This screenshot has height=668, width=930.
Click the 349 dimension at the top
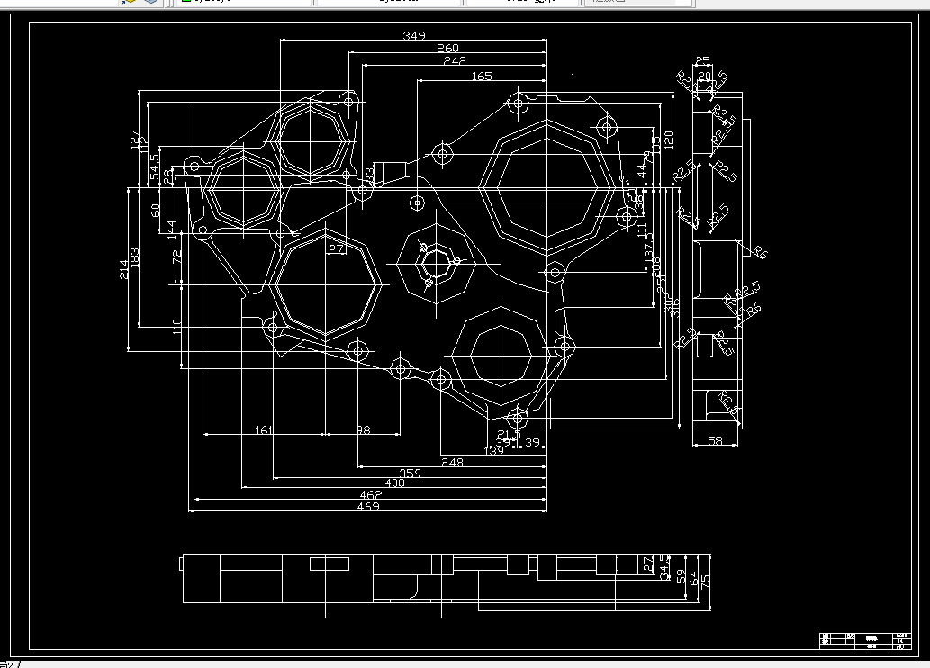coord(413,36)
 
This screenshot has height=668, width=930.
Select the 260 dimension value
coord(447,49)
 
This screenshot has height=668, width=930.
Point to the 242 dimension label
coord(455,61)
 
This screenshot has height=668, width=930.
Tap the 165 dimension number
coord(482,77)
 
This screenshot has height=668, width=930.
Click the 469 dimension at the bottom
coord(368,507)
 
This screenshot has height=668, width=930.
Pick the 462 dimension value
coord(370,495)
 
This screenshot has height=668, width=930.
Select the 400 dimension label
coord(394,483)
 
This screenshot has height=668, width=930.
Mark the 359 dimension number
coord(411,473)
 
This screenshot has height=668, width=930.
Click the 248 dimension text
coord(452,462)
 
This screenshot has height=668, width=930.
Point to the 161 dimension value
coord(263,430)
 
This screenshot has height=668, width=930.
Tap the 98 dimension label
coord(363,430)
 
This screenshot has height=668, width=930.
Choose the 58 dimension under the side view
coord(716,440)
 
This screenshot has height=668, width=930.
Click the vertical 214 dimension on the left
coord(123,268)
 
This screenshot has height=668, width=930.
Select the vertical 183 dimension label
coord(135,257)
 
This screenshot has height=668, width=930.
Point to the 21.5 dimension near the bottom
coord(509,435)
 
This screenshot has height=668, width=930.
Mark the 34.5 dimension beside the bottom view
coord(665,572)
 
